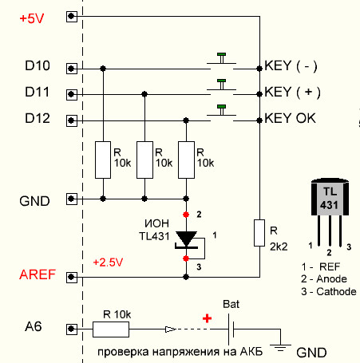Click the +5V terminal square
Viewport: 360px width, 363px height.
coord(71,17)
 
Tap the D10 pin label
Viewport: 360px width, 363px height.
coord(38,65)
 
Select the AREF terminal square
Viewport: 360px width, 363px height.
coord(71,277)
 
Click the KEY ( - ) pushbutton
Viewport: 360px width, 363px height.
coord(221,61)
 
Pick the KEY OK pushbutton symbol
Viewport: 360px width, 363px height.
coord(221,113)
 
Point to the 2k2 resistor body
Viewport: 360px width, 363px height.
coord(259,233)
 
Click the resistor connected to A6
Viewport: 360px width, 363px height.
coord(111,329)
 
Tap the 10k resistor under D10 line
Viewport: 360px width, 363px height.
coord(103,160)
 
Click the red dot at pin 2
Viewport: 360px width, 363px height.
coord(186,215)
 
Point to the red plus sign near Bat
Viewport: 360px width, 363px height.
coord(207,318)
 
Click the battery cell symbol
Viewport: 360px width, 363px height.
coord(231,329)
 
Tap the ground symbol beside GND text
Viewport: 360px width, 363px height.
coord(280,348)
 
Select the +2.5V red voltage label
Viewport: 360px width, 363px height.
coord(108,262)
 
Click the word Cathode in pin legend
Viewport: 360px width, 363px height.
coord(336,292)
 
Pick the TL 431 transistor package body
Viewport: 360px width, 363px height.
coord(330,197)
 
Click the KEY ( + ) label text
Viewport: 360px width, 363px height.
coord(292,92)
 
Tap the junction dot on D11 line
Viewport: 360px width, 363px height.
coord(144,94)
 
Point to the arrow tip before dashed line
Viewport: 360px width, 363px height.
coord(175,329)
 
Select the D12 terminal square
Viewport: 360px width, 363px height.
coord(71,120)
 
